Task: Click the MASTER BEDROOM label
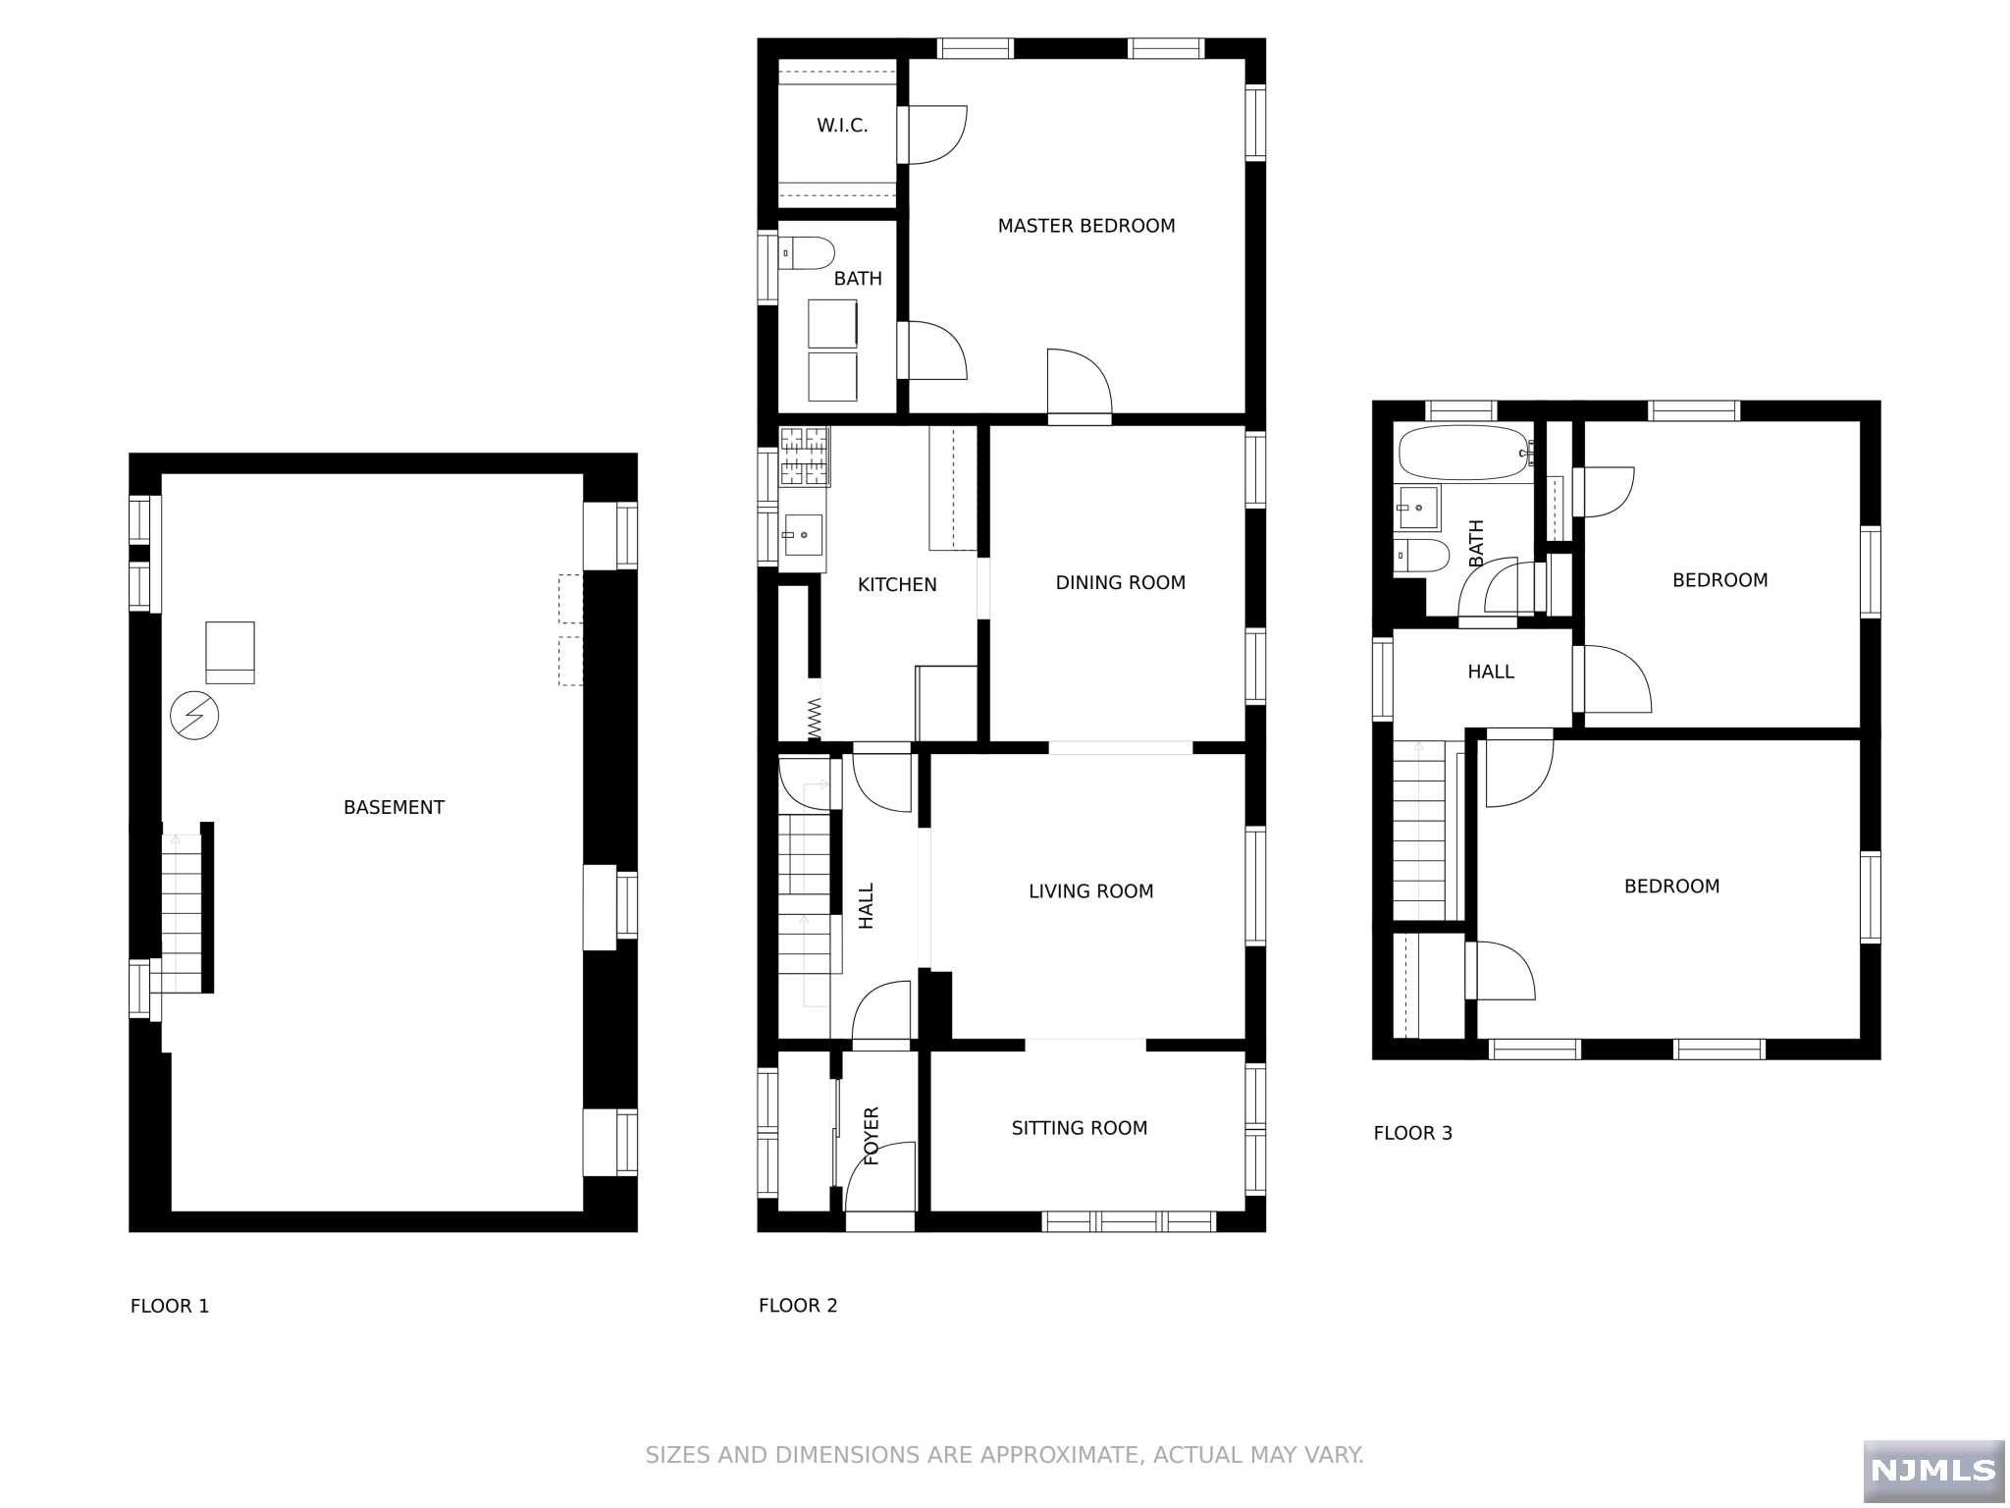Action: [1085, 226]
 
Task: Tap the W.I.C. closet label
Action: [842, 126]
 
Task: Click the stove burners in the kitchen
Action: [804, 457]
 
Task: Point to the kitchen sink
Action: [802, 535]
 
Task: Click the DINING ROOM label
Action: [1120, 583]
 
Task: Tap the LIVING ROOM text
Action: [1090, 891]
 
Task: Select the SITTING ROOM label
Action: [1079, 1128]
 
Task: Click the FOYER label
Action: [872, 1136]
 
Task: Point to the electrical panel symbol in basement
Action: [194, 716]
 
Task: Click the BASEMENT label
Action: [394, 808]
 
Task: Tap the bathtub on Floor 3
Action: [1462, 453]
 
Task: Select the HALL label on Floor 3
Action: [1490, 673]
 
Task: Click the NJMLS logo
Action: [1932, 1470]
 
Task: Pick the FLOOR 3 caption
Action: [1412, 1133]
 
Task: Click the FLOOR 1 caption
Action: [170, 1306]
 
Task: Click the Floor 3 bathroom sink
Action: [1418, 508]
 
